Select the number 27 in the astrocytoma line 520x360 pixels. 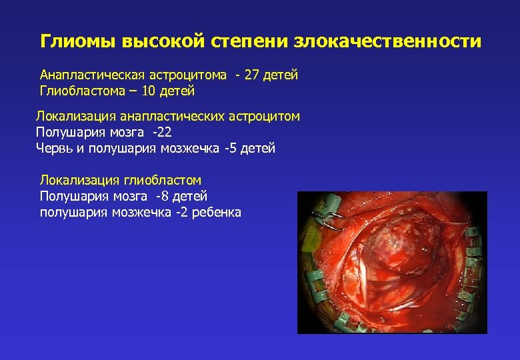[x=251, y=75]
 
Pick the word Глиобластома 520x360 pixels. [x=78, y=91]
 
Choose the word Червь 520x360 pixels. [x=54, y=148]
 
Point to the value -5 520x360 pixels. [x=231, y=148]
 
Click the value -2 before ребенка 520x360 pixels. [x=181, y=213]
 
